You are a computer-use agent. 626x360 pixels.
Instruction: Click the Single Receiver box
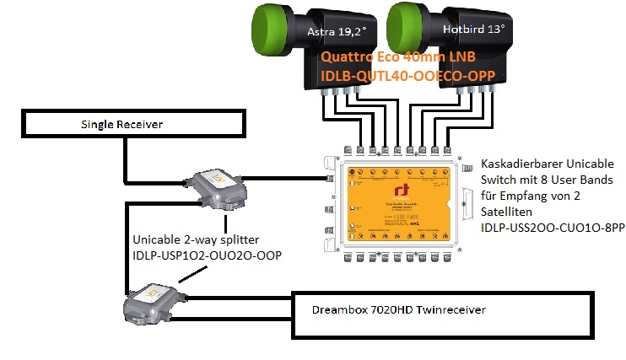click(x=123, y=125)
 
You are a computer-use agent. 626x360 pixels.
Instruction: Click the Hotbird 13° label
click(x=473, y=29)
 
